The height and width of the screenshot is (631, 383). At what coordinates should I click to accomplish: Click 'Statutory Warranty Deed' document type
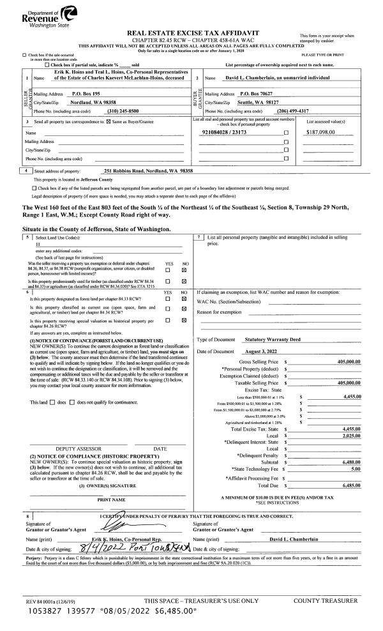coord(266,339)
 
